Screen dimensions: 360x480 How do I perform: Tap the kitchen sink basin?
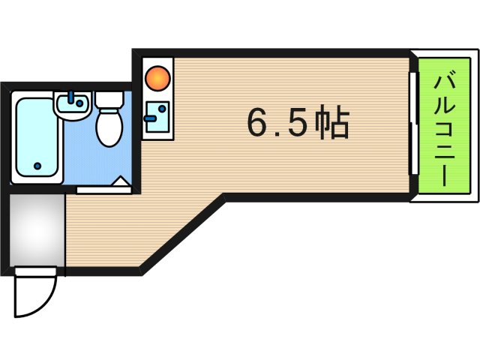(157, 117)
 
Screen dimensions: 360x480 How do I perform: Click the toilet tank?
(109, 99)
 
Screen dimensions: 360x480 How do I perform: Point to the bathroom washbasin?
(73, 106)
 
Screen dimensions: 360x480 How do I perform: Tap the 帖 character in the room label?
(331, 124)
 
